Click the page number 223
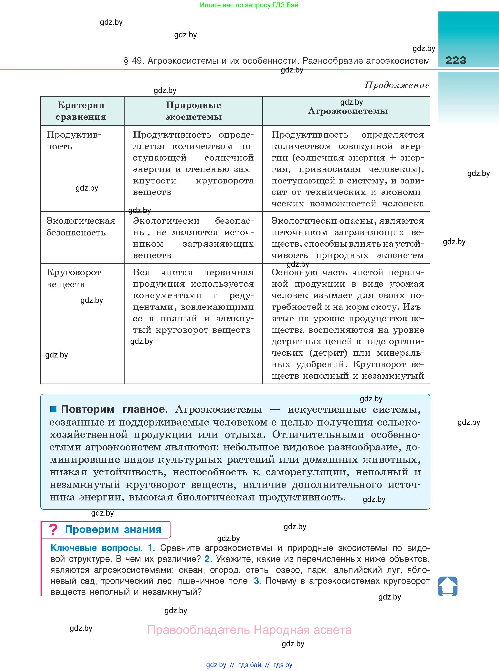pyautogui.click(x=456, y=60)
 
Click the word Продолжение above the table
pyautogui.click(x=397, y=85)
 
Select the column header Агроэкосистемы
pyautogui.click(x=348, y=111)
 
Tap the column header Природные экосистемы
pyautogui.click(x=193, y=111)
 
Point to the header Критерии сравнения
pyautogui.click(x=81, y=111)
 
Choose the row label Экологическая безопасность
pyautogui.click(x=80, y=227)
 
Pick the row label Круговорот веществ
pyautogui.click(x=74, y=278)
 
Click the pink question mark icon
pyautogui.click(x=53, y=530)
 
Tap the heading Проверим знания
pyautogui.click(x=113, y=530)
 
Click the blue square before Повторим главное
pyautogui.click(x=53, y=409)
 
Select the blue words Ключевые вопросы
pyautogui.click(x=96, y=548)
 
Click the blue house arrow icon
pyautogui.click(x=447, y=586)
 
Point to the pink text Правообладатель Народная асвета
pyautogui.click(x=249, y=630)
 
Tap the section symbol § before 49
pyautogui.click(x=126, y=61)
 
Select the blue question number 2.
pyautogui.click(x=208, y=559)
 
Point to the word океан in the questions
pyautogui.click(x=190, y=570)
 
